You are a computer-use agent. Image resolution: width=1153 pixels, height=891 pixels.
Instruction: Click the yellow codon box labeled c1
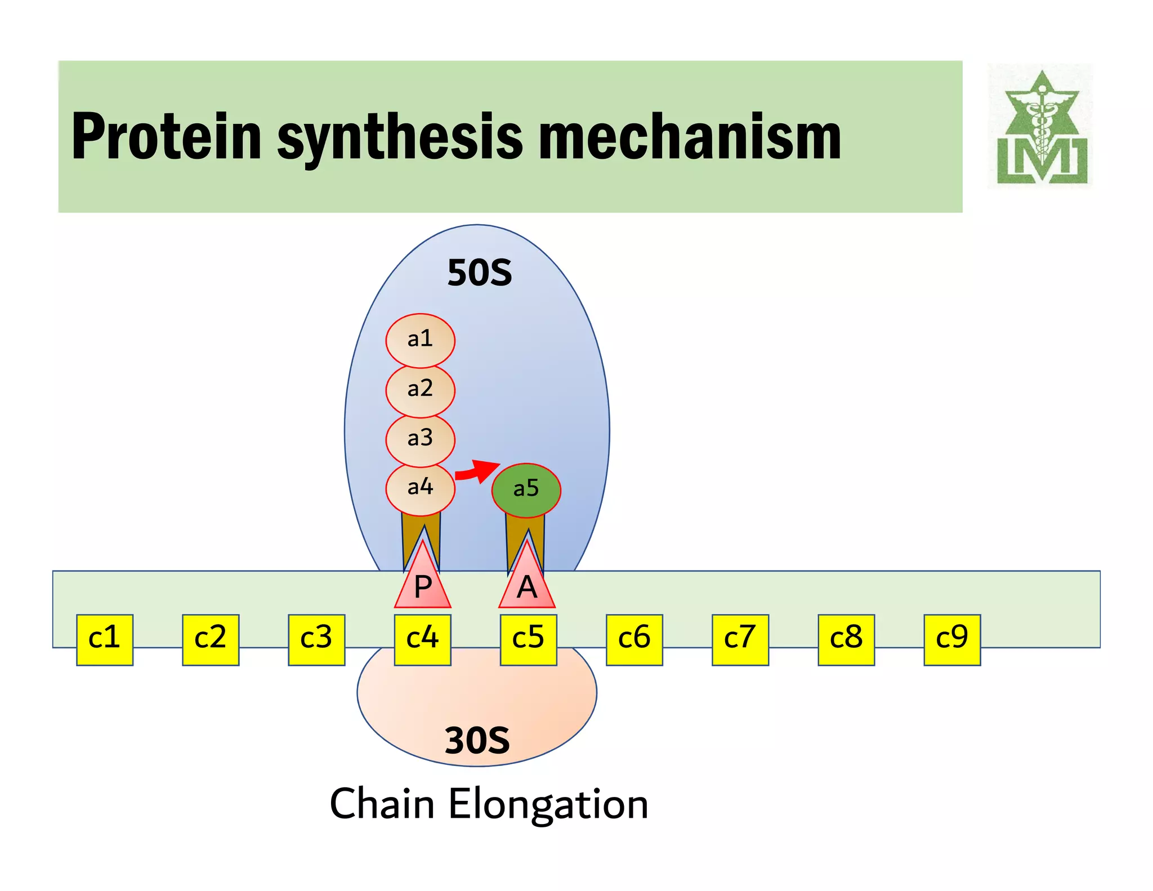tap(105, 640)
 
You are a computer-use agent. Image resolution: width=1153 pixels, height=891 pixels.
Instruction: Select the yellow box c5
tap(528, 640)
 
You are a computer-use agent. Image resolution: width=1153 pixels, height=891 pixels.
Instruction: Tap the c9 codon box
tap(952, 640)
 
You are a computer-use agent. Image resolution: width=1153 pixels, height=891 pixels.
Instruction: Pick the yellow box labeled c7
tap(740, 640)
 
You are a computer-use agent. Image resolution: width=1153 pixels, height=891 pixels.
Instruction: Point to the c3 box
tap(316, 640)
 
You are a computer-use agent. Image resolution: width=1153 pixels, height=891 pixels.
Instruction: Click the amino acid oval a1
tap(420, 340)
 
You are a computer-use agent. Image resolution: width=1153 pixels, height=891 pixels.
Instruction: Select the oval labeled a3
tap(420, 439)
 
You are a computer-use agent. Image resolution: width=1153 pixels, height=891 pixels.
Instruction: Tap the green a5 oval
tap(526, 489)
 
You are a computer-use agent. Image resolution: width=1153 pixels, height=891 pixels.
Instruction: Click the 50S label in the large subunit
tap(479, 273)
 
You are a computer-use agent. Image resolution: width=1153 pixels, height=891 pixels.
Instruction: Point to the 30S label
tap(477, 740)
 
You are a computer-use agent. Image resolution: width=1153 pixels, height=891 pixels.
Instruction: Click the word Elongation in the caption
tap(548, 804)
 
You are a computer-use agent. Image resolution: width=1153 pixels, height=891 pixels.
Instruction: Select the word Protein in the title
tap(167, 137)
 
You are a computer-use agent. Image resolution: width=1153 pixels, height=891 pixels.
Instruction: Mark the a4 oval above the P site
tap(420, 488)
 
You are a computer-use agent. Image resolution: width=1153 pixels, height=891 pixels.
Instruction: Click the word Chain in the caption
tap(382, 804)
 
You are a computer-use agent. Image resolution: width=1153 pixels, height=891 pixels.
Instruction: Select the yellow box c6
tap(634, 640)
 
